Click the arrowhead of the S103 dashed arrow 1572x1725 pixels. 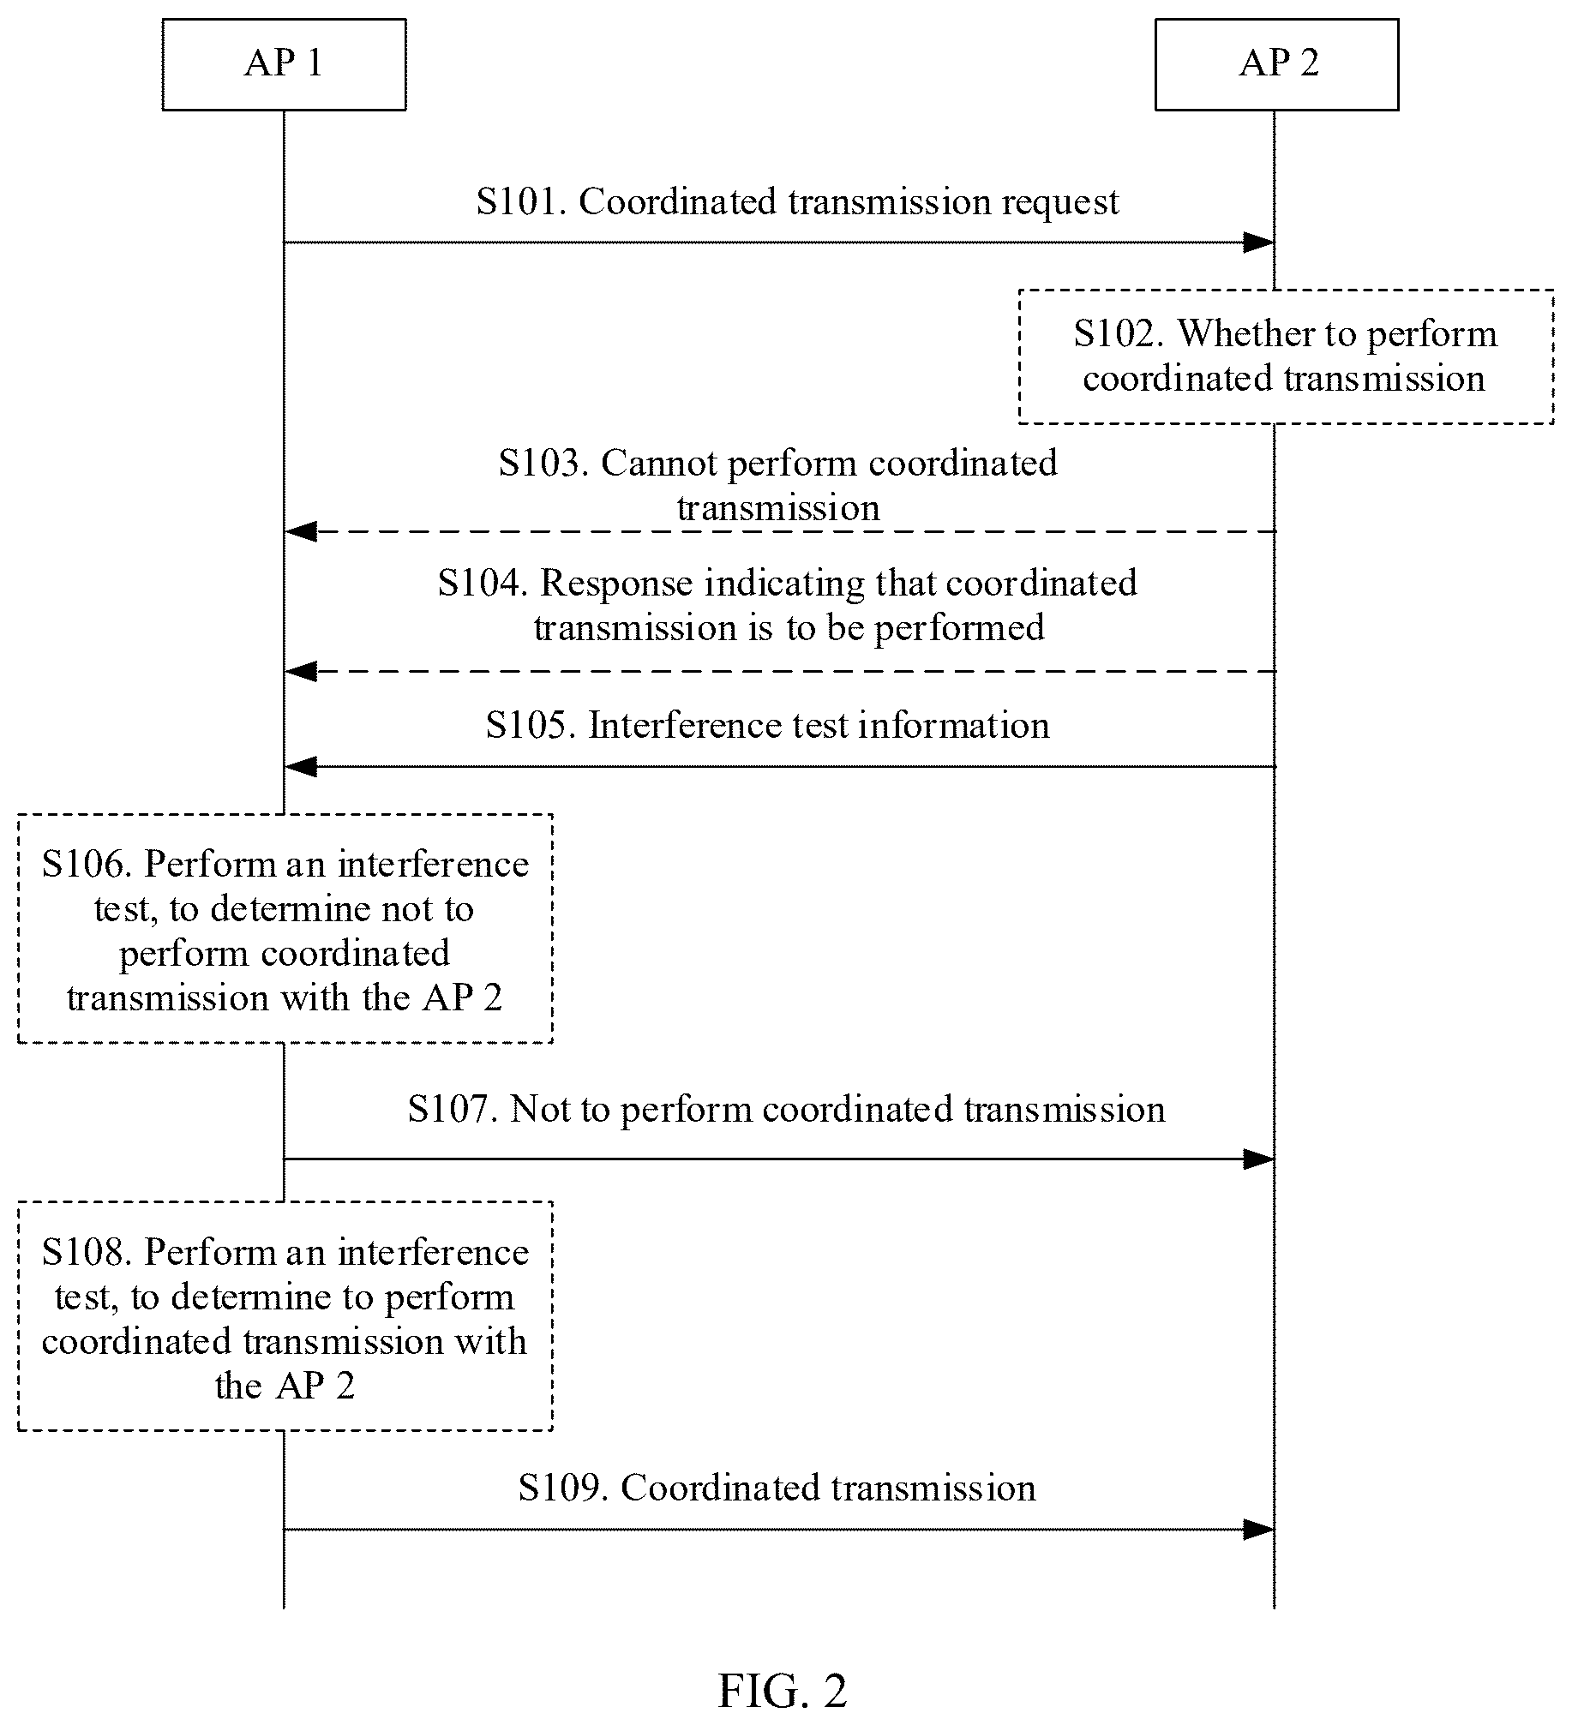click(x=301, y=532)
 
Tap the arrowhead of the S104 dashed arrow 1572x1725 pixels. click(x=301, y=672)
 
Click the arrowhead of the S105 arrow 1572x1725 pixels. click(x=301, y=767)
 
